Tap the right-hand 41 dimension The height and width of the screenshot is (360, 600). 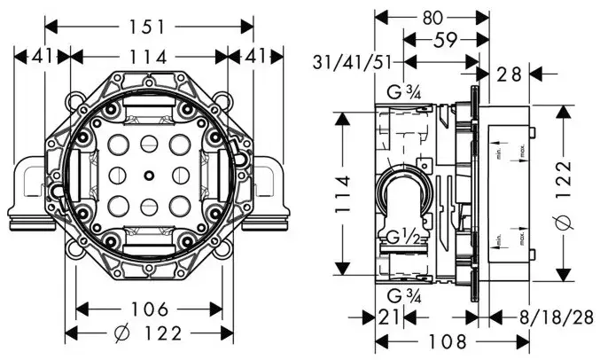tap(253, 57)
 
